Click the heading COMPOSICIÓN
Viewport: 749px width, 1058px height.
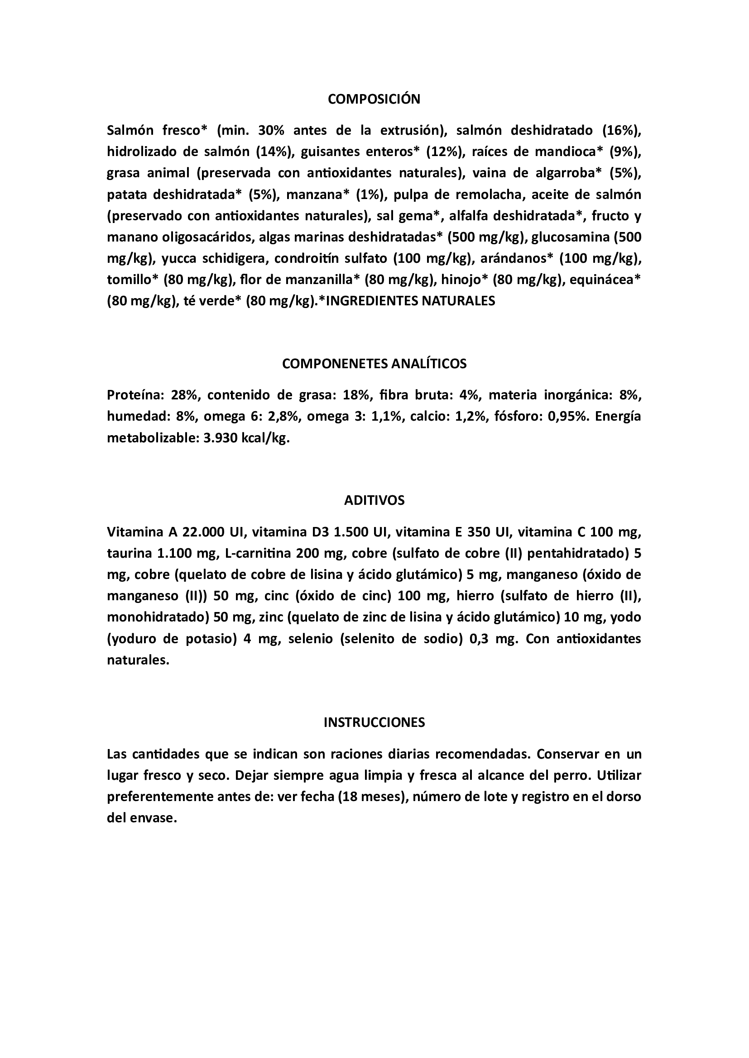[374, 99]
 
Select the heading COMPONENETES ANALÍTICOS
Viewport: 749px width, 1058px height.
[374, 364]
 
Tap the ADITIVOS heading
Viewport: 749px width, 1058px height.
[374, 500]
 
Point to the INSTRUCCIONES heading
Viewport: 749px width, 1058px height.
[374, 722]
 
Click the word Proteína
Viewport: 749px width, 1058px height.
[135, 395]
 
